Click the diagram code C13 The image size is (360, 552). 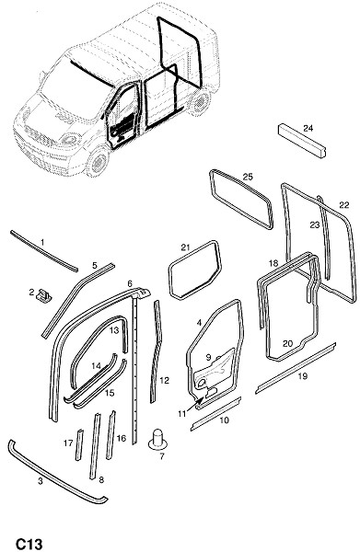pyautogui.click(x=29, y=544)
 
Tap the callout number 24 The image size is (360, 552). pyautogui.click(x=308, y=128)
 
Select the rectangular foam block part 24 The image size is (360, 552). pyautogui.click(x=302, y=141)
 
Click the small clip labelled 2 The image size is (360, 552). pyautogui.click(x=44, y=295)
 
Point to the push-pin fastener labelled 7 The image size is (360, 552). pyautogui.click(x=157, y=439)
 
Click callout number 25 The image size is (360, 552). pyautogui.click(x=248, y=177)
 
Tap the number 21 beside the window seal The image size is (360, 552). pyautogui.click(x=186, y=247)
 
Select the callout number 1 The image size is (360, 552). pyautogui.click(x=42, y=243)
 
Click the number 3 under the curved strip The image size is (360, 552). pyautogui.click(x=41, y=481)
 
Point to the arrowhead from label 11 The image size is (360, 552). pyautogui.click(x=202, y=398)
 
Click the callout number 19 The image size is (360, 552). pyautogui.click(x=303, y=376)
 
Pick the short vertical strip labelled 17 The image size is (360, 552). pyautogui.click(x=79, y=444)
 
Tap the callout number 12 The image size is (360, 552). pyautogui.click(x=165, y=381)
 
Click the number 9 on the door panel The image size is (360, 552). pyautogui.click(x=208, y=357)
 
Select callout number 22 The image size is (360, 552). pyautogui.click(x=344, y=205)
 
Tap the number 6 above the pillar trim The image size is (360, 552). pyautogui.click(x=130, y=283)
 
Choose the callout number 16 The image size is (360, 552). pyautogui.click(x=122, y=438)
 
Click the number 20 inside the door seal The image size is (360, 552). pyautogui.click(x=288, y=343)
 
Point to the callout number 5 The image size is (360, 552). pyautogui.click(x=95, y=266)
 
